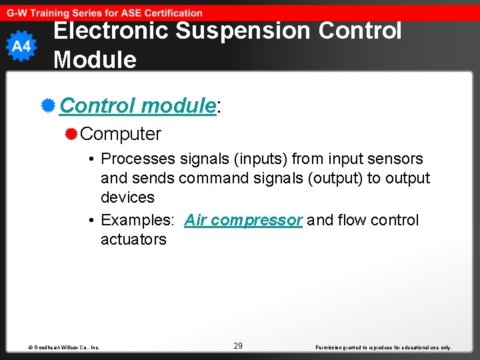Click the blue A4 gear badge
pos(21,46)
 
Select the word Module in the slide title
pos(95,60)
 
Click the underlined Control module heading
pos(137,105)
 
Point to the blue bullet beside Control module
pos(47,105)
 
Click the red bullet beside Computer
pos(71,134)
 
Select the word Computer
pos(121,134)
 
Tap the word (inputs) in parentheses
pos(257,159)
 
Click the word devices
pos(127,198)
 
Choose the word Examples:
pos(138,221)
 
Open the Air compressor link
pos(243,221)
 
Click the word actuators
pos(133,239)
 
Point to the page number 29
pos(238,346)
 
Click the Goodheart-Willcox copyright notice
pos(64,347)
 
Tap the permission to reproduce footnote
pos(383,347)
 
